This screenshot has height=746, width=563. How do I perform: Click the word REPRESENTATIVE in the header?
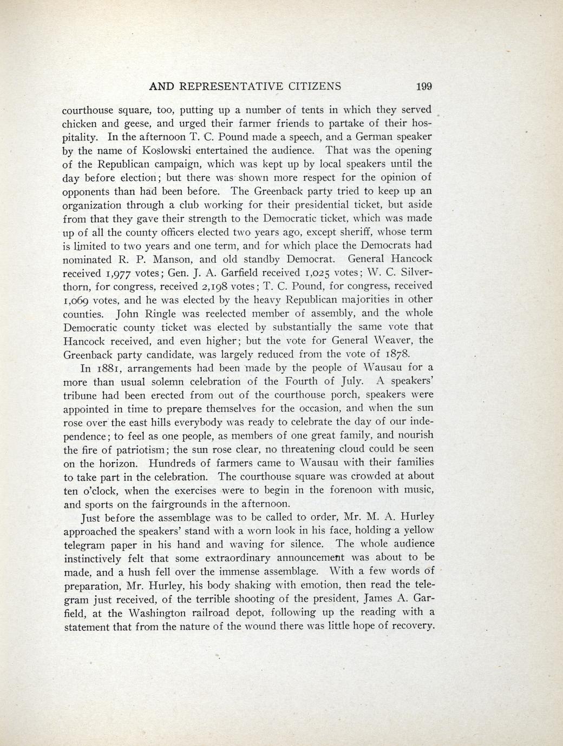pyautogui.click(x=235, y=86)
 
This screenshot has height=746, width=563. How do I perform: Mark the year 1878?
pyautogui.click(x=401, y=355)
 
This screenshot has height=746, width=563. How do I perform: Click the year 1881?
pyautogui.click(x=110, y=369)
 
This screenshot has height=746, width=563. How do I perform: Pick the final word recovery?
pyautogui.click(x=411, y=627)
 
